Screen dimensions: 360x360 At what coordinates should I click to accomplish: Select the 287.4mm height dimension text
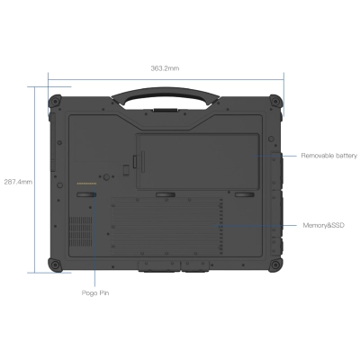click(16, 180)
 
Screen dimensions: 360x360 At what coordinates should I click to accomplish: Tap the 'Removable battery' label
click(329, 155)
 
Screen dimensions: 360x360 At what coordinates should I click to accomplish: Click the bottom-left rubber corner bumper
click(55, 264)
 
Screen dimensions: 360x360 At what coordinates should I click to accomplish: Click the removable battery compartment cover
click(197, 161)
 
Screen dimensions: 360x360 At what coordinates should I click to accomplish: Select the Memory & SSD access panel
click(167, 229)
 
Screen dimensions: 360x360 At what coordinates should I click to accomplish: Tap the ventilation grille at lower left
click(82, 229)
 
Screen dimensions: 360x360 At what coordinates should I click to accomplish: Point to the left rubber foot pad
click(86, 193)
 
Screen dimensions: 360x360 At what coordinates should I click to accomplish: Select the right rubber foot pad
click(244, 193)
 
